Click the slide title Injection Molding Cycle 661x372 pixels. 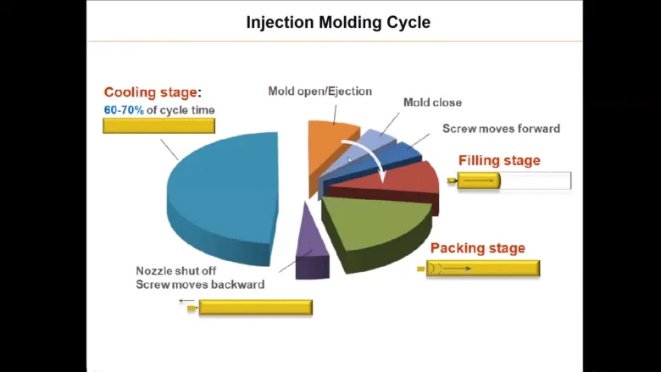click(338, 22)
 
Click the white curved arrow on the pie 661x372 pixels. click(369, 157)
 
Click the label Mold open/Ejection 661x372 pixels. click(320, 91)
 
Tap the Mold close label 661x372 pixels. click(432, 103)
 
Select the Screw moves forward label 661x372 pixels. click(501, 129)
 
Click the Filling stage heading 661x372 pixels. click(499, 160)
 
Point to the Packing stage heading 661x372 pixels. click(478, 247)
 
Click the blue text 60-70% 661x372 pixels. click(124, 110)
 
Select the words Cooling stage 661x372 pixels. click(151, 92)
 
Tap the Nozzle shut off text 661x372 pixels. click(175, 270)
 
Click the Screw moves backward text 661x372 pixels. click(200, 285)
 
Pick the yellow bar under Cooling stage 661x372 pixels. click(159, 125)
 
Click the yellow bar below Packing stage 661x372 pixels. click(483, 269)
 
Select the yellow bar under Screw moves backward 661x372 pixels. click(255, 307)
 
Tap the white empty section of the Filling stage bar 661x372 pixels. click(536, 180)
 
